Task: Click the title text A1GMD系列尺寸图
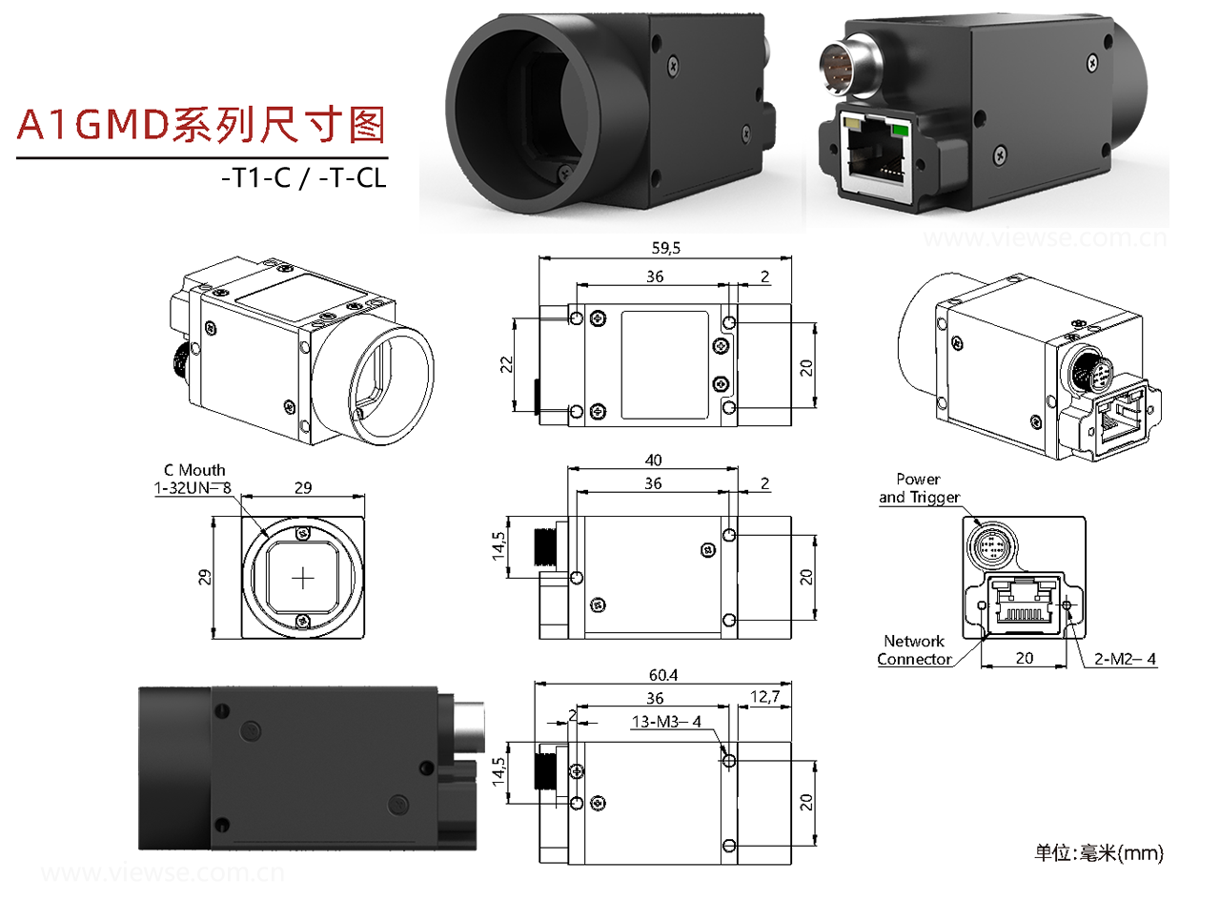click(x=202, y=125)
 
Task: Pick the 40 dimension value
click(x=654, y=460)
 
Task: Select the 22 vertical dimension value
click(x=507, y=363)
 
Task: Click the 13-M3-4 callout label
click(x=666, y=722)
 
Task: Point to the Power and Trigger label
click(x=919, y=488)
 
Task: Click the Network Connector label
click(x=914, y=650)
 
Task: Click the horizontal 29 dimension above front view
click(x=303, y=487)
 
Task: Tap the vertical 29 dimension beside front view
click(x=203, y=578)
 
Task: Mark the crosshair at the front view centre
click(x=303, y=578)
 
